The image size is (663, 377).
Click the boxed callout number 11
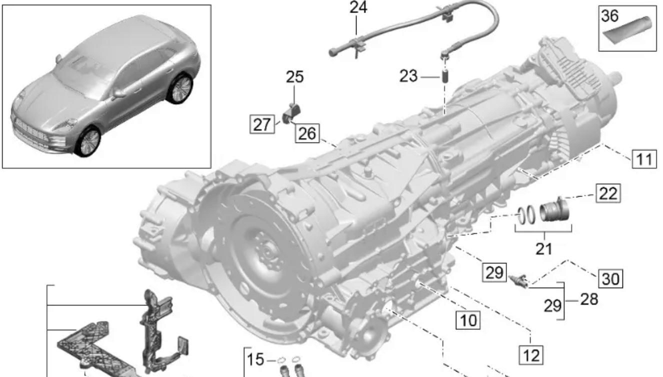pyautogui.click(x=644, y=159)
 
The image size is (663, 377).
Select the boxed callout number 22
pyautogui.click(x=608, y=193)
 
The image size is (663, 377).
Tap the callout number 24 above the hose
pyautogui.click(x=358, y=7)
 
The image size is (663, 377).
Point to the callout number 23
pyautogui.click(x=408, y=76)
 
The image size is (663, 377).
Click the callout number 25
pyautogui.click(x=295, y=77)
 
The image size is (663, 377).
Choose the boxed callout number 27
pyautogui.click(x=262, y=124)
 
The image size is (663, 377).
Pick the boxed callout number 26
pyautogui.click(x=307, y=133)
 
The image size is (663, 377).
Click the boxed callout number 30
pyautogui.click(x=610, y=278)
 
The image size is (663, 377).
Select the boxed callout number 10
pyautogui.click(x=468, y=320)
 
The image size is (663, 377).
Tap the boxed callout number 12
pyautogui.click(x=531, y=355)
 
